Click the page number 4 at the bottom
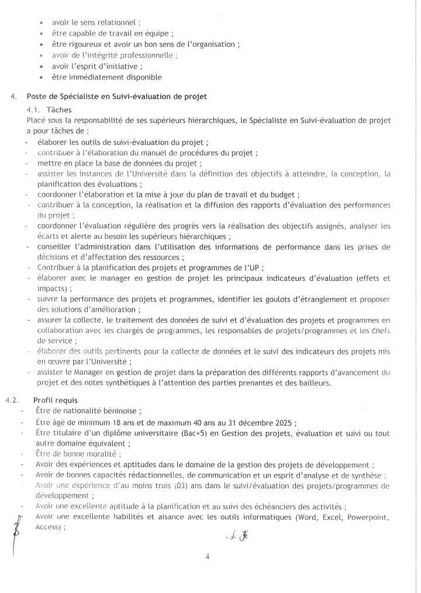click(208, 557)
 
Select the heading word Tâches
click(59, 109)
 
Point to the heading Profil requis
click(56, 400)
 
